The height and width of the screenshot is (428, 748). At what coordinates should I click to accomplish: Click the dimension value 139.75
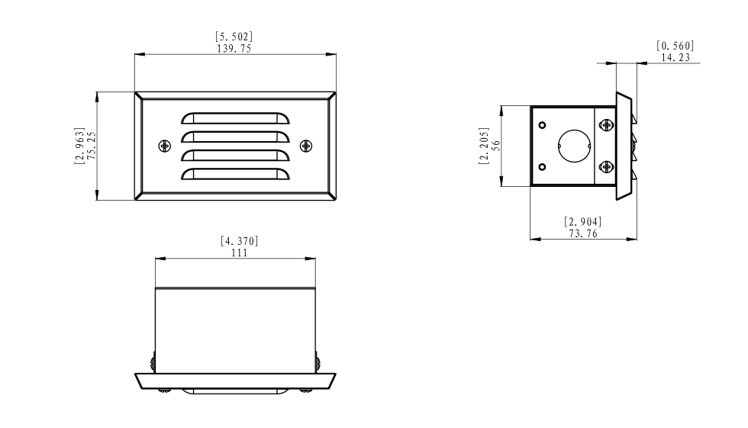click(x=235, y=47)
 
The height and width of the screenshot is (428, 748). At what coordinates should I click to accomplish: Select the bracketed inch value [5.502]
click(x=235, y=37)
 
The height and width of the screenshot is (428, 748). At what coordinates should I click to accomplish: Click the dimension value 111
click(x=239, y=253)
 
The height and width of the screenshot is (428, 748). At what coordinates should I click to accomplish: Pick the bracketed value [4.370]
click(x=239, y=241)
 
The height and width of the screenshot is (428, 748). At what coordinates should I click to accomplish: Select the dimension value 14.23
click(x=675, y=56)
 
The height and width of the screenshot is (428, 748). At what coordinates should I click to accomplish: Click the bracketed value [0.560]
click(x=675, y=46)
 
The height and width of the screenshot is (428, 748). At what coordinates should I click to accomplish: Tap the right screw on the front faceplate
click(x=306, y=146)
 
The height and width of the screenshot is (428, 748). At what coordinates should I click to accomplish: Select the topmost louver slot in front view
click(x=235, y=118)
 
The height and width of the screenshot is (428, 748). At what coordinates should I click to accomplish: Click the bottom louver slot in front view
click(x=235, y=175)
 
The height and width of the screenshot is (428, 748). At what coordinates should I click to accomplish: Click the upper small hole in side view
click(x=542, y=125)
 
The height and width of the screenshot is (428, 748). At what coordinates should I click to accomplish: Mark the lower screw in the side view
click(x=606, y=167)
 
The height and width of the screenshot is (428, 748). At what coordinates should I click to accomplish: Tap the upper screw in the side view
click(x=606, y=125)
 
